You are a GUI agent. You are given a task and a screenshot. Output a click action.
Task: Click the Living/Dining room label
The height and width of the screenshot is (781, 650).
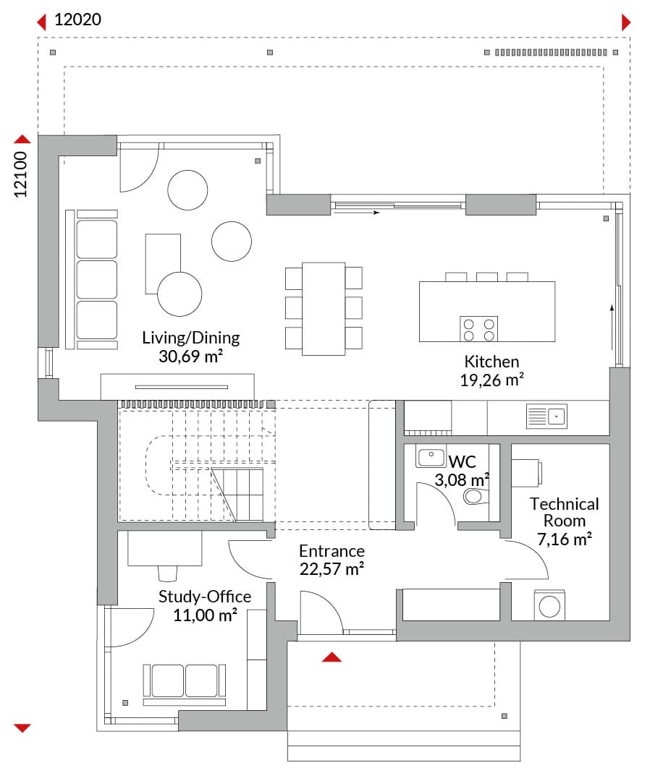click(191, 338)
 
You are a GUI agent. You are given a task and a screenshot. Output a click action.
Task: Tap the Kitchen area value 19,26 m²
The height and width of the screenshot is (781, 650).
click(491, 380)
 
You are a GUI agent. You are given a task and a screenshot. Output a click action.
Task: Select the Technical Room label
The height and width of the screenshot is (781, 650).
click(565, 512)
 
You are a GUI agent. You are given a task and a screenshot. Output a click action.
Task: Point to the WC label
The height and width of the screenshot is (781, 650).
click(462, 461)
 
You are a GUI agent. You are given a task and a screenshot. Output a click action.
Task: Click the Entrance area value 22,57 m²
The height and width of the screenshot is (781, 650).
click(332, 569)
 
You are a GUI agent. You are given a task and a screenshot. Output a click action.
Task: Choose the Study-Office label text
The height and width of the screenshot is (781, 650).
click(205, 596)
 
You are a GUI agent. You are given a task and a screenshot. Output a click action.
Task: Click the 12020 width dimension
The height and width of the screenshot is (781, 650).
click(77, 20)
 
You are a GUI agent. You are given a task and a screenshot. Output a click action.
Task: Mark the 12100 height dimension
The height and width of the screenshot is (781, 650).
click(20, 174)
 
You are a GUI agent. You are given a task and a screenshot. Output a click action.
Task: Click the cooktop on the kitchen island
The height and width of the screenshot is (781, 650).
click(478, 329)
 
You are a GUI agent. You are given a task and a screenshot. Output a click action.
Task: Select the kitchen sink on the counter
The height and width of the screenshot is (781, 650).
click(546, 416)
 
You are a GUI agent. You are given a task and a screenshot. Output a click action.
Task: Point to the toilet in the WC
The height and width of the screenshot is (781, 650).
click(476, 496)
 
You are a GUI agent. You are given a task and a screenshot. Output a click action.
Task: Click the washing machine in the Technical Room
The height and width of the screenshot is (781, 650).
click(549, 606)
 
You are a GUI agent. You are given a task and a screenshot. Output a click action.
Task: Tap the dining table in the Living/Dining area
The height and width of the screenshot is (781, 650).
click(324, 309)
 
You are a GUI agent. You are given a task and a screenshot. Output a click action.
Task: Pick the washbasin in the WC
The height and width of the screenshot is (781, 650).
click(431, 457)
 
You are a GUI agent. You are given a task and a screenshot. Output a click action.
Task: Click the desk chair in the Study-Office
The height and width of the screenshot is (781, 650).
click(167, 573)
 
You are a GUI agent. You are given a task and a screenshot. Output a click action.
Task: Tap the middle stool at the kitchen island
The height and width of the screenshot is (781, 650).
click(487, 277)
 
